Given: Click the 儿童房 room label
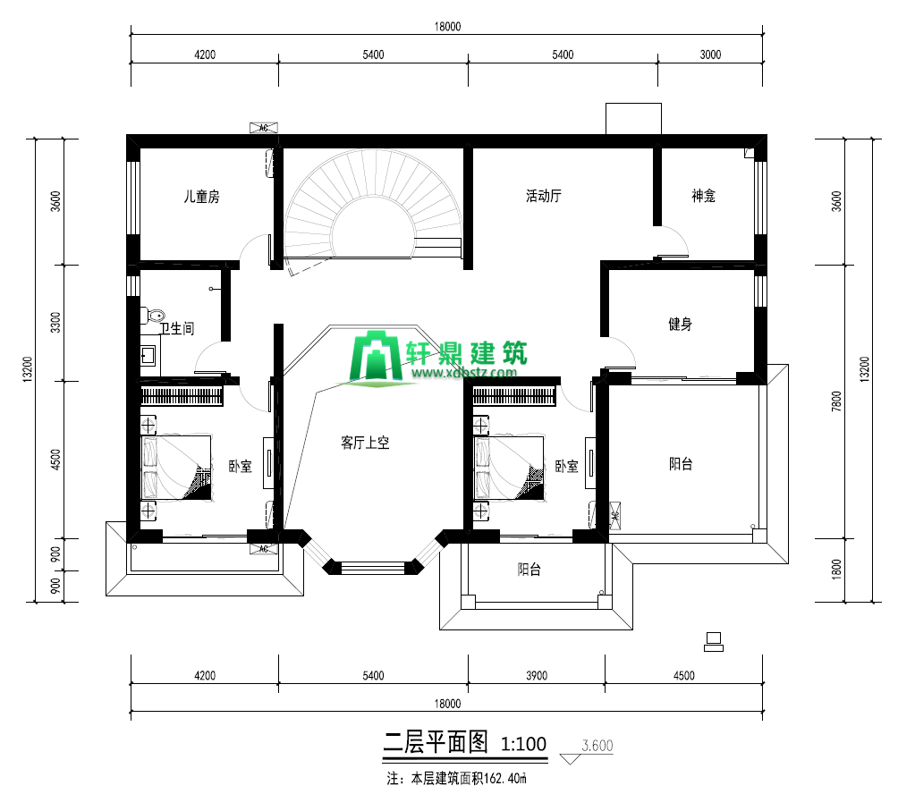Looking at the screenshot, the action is pos(201,197).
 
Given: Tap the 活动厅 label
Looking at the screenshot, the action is pos(544,197).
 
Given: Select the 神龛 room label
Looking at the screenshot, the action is pos(703,197).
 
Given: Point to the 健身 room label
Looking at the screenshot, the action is pos(681,325).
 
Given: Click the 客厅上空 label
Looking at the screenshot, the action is pos(365,443).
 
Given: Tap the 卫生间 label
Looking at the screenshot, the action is pos(176,328).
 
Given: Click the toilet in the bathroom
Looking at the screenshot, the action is pos(153,316).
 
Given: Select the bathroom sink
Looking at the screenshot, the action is pos(148,356).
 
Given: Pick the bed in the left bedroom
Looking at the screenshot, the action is pos(176,469).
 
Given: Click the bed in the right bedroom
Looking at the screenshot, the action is pos(509,469).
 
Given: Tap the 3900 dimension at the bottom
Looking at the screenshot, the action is pos(537,675).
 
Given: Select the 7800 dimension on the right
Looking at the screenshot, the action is pos(836,401).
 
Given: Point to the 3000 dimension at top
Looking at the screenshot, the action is pos(710,55).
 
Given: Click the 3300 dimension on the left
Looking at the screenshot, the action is pos(55,323).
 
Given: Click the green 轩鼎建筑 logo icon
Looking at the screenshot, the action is pos(376,356).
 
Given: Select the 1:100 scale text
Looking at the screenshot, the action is pos(523,744).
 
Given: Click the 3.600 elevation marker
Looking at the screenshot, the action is pos(597,746).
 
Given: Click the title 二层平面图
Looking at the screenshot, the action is pos(436,742).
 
